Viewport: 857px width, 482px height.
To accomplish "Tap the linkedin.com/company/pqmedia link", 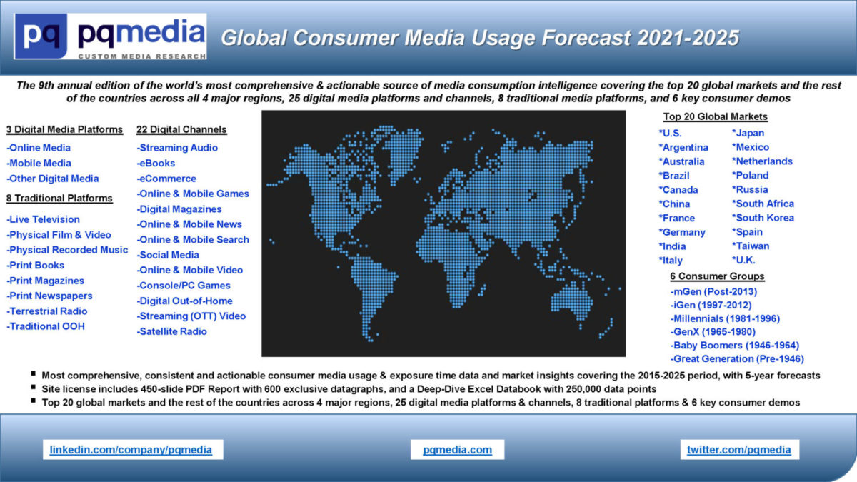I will (x=131, y=450).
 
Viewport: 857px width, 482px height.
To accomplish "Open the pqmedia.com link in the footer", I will (x=457, y=450).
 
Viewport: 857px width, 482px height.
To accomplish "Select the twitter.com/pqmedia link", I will (x=738, y=450).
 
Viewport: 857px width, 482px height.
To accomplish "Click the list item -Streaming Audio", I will (x=177, y=148).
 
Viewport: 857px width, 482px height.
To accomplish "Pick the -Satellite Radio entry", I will (x=171, y=331).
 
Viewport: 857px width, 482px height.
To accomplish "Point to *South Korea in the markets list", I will (x=763, y=218).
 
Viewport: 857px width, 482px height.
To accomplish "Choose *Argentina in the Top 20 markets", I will (x=683, y=147).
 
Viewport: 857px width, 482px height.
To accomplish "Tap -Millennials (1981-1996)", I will (x=725, y=318).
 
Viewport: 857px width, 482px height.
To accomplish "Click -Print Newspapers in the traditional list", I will (x=49, y=296).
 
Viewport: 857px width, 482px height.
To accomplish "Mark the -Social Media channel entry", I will (x=168, y=255).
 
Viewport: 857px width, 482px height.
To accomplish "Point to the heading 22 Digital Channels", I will (x=181, y=129).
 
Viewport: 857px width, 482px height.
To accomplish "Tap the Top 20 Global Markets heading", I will (x=715, y=116).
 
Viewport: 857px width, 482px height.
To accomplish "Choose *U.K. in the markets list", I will (x=743, y=260).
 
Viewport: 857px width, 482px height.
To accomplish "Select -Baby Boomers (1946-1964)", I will (x=734, y=345).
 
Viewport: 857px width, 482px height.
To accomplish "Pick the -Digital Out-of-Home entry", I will (x=184, y=301).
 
